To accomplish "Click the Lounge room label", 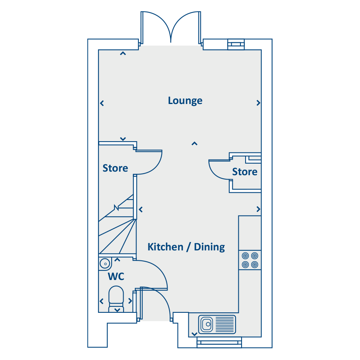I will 185,100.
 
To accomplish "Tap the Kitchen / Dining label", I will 186,247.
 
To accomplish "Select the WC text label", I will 116,276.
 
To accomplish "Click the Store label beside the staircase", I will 115,168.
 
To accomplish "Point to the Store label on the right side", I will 245,172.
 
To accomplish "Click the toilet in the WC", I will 116,298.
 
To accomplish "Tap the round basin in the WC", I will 105,264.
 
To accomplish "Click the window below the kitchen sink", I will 219,342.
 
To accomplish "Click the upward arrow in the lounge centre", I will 194,143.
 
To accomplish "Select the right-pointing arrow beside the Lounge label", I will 258,103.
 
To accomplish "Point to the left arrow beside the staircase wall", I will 141,209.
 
